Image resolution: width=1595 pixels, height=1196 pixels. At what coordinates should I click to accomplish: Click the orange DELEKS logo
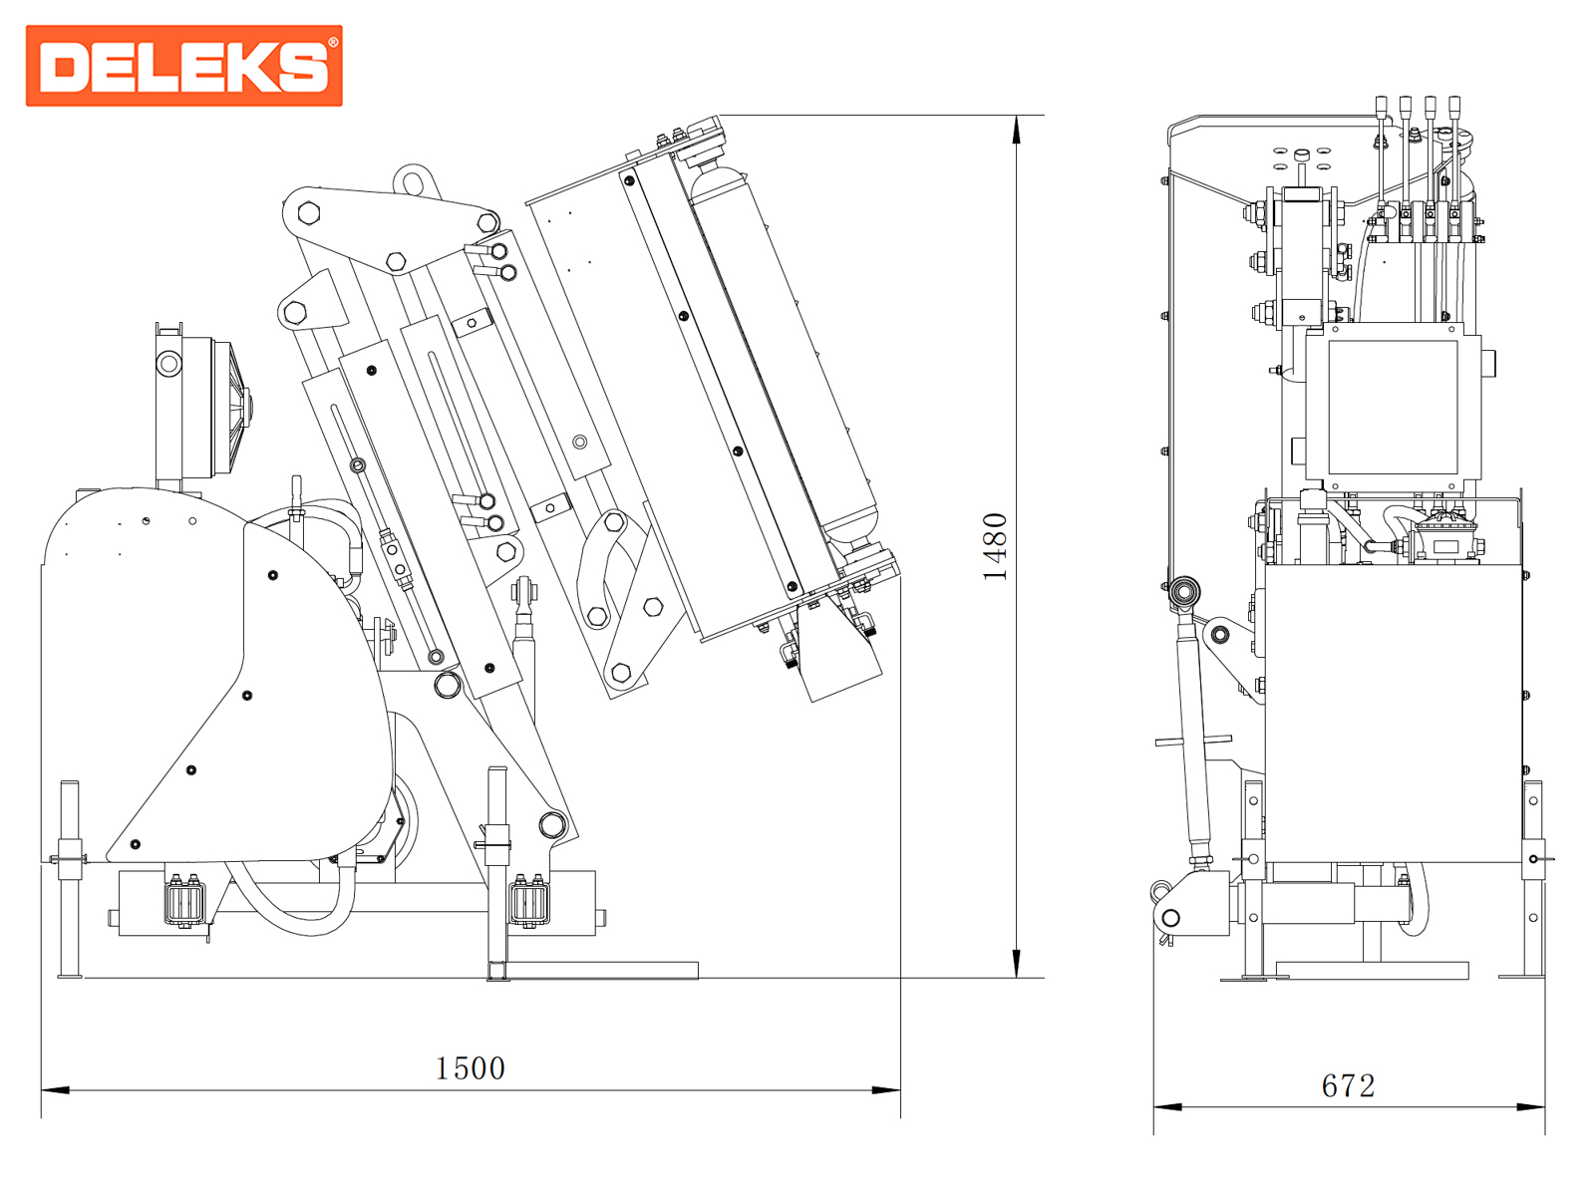coord(184,66)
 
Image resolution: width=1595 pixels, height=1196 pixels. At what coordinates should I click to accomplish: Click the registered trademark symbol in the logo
coord(333,42)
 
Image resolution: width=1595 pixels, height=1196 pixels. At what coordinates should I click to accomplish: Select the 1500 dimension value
coord(470,1068)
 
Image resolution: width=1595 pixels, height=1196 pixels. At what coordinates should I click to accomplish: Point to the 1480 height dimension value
coord(995,546)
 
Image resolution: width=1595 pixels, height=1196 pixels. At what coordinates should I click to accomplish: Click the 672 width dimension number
coord(1348,1085)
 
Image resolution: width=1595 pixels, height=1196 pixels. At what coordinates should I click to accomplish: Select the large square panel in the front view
coord(1393,407)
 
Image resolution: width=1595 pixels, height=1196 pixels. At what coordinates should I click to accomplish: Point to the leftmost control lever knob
coord(1381,105)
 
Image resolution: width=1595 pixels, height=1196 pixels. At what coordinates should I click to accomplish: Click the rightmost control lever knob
coord(1454,105)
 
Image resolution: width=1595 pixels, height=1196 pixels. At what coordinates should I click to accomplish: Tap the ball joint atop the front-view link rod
coord(1184,592)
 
